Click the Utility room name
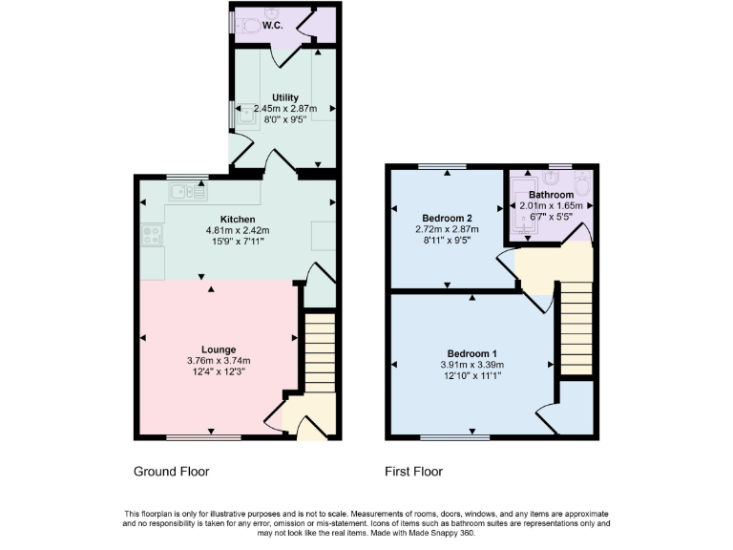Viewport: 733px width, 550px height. click(x=284, y=97)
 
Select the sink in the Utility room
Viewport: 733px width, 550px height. click(x=248, y=115)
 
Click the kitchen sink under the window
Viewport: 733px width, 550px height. click(x=188, y=194)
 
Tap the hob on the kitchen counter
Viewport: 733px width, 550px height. click(x=151, y=235)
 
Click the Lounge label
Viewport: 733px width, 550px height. click(x=219, y=349)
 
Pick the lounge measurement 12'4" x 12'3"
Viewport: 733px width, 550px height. click(x=219, y=371)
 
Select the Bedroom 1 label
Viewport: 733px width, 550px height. click(x=471, y=353)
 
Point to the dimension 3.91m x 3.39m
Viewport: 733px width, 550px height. click(x=471, y=365)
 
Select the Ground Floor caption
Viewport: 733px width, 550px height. click(x=171, y=472)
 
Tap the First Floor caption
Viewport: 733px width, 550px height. click(x=413, y=472)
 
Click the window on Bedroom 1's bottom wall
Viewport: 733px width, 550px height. click(x=455, y=438)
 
